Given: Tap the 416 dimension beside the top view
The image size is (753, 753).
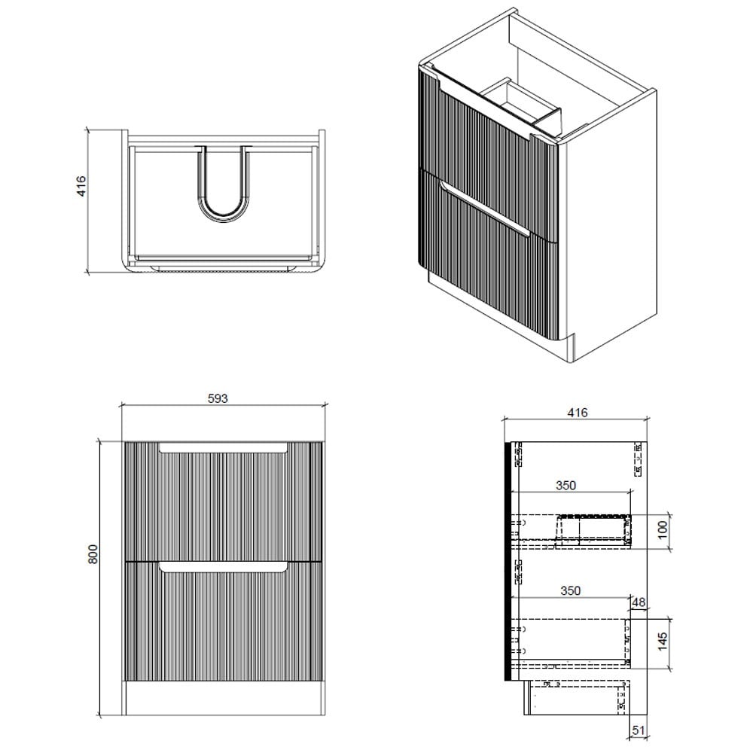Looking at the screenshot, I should [x=82, y=186].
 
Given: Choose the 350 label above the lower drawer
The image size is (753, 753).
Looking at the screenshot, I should [x=571, y=591].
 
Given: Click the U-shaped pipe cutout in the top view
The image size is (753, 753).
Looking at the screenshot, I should [x=224, y=188].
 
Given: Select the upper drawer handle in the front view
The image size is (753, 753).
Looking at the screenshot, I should [x=224, y=448].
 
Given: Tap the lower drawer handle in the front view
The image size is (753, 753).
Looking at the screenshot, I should [x=224, y=566].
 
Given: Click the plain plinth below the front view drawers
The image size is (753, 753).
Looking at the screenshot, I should [x=224, y=698].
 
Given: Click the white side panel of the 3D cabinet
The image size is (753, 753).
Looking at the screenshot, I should [x=610, y=241].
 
